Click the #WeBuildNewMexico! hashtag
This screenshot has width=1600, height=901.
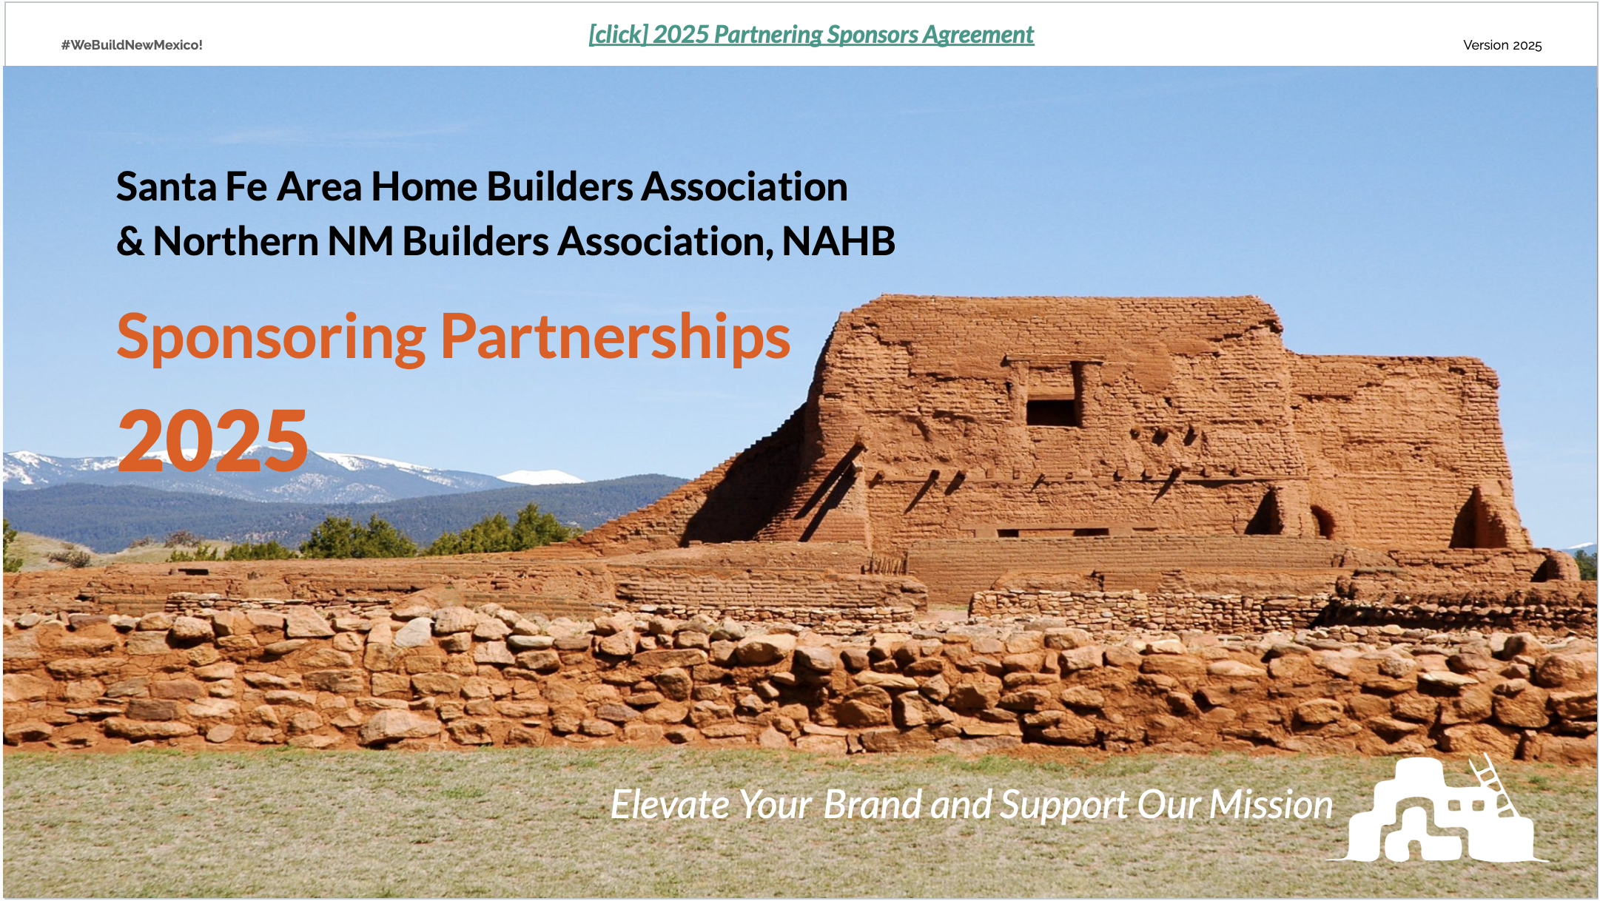(x=132, y=45)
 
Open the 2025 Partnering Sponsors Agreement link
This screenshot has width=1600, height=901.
(x=811, y=35)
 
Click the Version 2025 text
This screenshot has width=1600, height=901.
(x=1502, y=45)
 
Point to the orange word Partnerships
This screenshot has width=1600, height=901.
(x=616, y=338)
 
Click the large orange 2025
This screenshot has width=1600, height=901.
(x=212, y=441)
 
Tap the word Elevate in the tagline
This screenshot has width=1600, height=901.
(x=670, y=804)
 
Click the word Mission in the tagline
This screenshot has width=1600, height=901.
(x=1271, y=805)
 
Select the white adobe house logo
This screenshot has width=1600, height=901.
(x=1437, y=809)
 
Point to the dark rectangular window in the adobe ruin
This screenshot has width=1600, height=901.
(x=1052, y=412)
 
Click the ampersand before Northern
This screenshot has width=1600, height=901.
(x=130, y=242)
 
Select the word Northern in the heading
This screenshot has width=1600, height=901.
(x=235, y=242)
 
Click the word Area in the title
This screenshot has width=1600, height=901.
(x=320, y=186)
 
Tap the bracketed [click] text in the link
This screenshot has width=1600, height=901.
(x=619, y=35)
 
